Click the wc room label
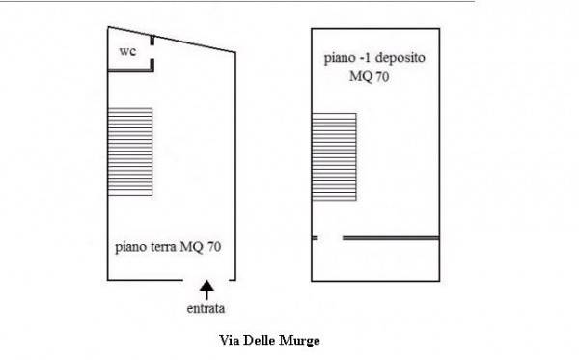126,51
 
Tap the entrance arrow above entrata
206,289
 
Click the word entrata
206,309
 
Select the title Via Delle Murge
269,341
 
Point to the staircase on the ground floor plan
129,151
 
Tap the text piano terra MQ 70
168,247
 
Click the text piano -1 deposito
374,59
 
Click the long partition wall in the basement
391,237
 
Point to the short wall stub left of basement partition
315,237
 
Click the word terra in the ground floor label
164,247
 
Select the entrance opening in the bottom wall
206,280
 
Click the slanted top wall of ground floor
193,42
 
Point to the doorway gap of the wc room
152,52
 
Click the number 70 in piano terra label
214,247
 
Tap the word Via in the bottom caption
231,341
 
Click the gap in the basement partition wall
330,237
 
